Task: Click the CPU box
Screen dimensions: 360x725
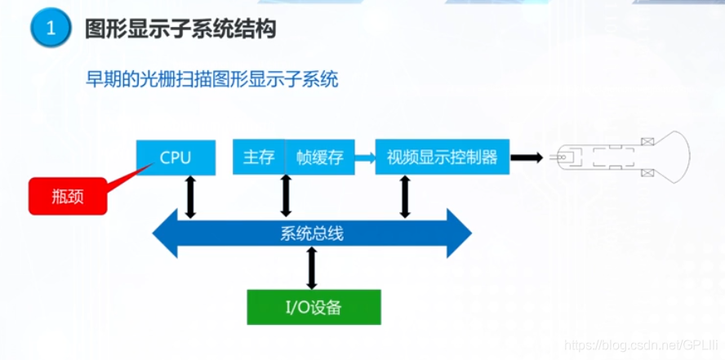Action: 176,158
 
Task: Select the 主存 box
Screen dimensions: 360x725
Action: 259,158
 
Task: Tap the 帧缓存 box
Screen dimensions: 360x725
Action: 320,158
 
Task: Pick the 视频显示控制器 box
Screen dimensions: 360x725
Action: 442,158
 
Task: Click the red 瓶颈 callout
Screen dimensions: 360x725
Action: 68,196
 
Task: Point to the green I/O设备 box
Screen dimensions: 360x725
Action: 314,307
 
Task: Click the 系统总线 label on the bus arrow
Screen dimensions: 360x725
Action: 312,233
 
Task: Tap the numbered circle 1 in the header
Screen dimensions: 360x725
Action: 51,29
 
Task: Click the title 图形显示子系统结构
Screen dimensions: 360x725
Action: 180,29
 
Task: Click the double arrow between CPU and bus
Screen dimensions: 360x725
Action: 190,197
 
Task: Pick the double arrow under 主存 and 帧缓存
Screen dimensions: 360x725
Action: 286,196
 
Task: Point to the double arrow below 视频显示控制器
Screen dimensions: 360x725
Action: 405,197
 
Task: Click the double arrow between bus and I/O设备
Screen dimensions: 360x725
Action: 312,268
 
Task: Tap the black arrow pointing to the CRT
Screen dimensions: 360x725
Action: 527,158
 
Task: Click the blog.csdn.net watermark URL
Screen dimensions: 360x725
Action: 642,346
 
